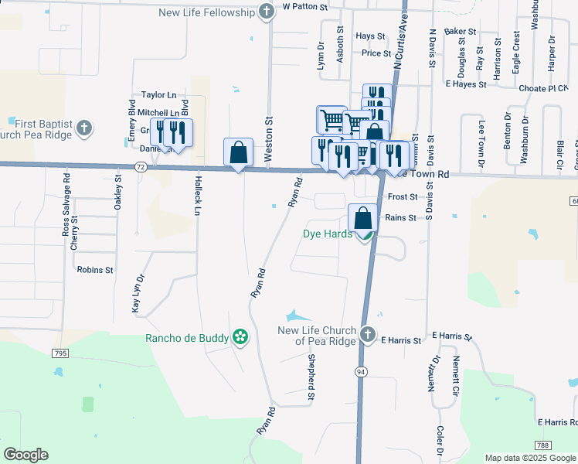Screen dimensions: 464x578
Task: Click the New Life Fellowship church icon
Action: pyautogui.click(x=267, y=12)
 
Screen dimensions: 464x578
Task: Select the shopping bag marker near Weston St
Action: pyautogui.click(x=239, y=152)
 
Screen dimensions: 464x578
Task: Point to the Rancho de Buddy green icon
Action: pyautogui.click(x=240, y=336)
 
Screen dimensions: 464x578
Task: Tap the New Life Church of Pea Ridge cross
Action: pyautogui.click(x=368, y=336)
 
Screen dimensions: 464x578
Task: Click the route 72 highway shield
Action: pyautogui.click(x=140, y=166)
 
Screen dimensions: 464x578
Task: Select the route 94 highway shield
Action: pyautogui.click(x=361, y=371)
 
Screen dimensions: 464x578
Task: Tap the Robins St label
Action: pyautogui.click(x=95, y=271)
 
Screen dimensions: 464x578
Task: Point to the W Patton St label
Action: pyautogui.click(x=305, y=6)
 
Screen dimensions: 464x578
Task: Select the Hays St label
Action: pyautogui.click(x=371, y=36)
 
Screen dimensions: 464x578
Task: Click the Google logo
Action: pyautogui.click(x=25, y=455)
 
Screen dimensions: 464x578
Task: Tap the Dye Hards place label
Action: pyautogui.click(x=328, y=234)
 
